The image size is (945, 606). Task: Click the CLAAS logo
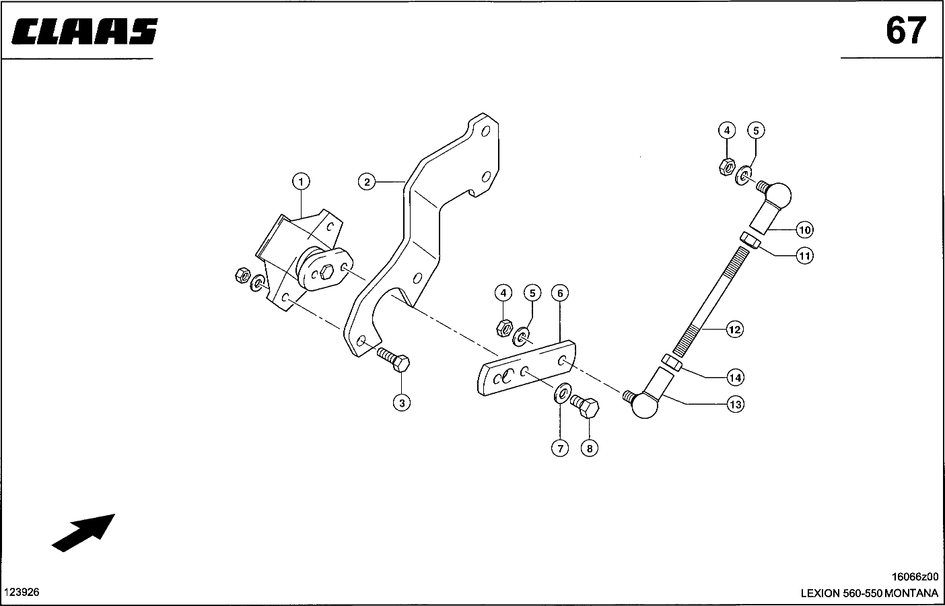point(84,31)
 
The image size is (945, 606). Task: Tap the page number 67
point(906,31)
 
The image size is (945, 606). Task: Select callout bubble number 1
point(301,182)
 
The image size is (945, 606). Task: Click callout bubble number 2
point(367,182)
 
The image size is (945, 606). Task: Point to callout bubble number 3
point(402,403)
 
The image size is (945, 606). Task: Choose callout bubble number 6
point(560,293)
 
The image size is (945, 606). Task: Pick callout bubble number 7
point(560,448)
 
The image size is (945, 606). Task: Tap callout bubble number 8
point(590,448)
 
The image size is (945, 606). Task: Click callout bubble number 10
point(804,230)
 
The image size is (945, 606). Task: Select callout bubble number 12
point(734,329)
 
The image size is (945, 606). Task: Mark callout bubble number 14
point(735,377)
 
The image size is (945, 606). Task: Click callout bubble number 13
point(735,404)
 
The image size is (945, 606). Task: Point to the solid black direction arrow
point(83,533)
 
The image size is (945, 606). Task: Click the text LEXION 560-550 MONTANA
point(870,593)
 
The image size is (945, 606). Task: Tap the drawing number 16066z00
point(915,576)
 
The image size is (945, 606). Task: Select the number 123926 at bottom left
point(22,592)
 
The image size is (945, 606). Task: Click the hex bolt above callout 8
point(585,406)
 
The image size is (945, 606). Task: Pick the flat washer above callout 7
point(563,393)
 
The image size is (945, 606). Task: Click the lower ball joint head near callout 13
point(644,405)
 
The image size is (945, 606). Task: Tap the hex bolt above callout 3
point(393,360)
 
